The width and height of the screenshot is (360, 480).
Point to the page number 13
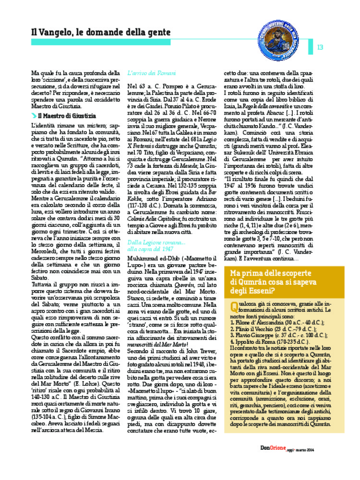[320, 47]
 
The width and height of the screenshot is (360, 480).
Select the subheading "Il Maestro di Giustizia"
[67, 116]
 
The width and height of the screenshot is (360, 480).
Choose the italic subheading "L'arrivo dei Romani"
[148, 73]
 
